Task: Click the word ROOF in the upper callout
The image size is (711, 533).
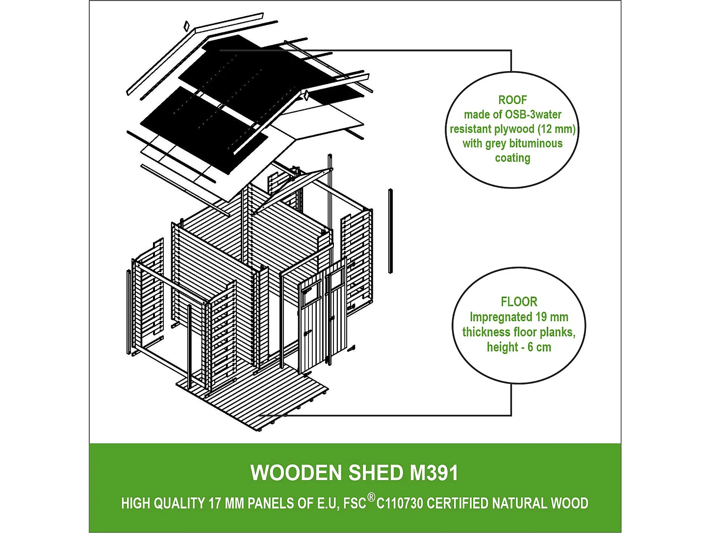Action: point(512,100)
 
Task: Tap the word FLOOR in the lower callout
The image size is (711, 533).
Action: point(519,302)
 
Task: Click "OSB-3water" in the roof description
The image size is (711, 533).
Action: point(533,115)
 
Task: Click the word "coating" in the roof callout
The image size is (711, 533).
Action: point(512,158)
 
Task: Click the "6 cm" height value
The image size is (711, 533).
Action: point(539,347)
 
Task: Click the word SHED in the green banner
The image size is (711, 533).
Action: point(376,473)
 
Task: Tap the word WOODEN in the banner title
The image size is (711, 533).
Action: point(296,473)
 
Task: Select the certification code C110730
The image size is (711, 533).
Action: point(400,504)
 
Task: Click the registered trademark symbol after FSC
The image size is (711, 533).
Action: point(371,498)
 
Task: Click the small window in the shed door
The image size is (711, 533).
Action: point(310,295)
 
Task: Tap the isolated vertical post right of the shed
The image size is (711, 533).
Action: point(390,230)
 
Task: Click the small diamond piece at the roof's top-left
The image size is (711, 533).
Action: point(186,25)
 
